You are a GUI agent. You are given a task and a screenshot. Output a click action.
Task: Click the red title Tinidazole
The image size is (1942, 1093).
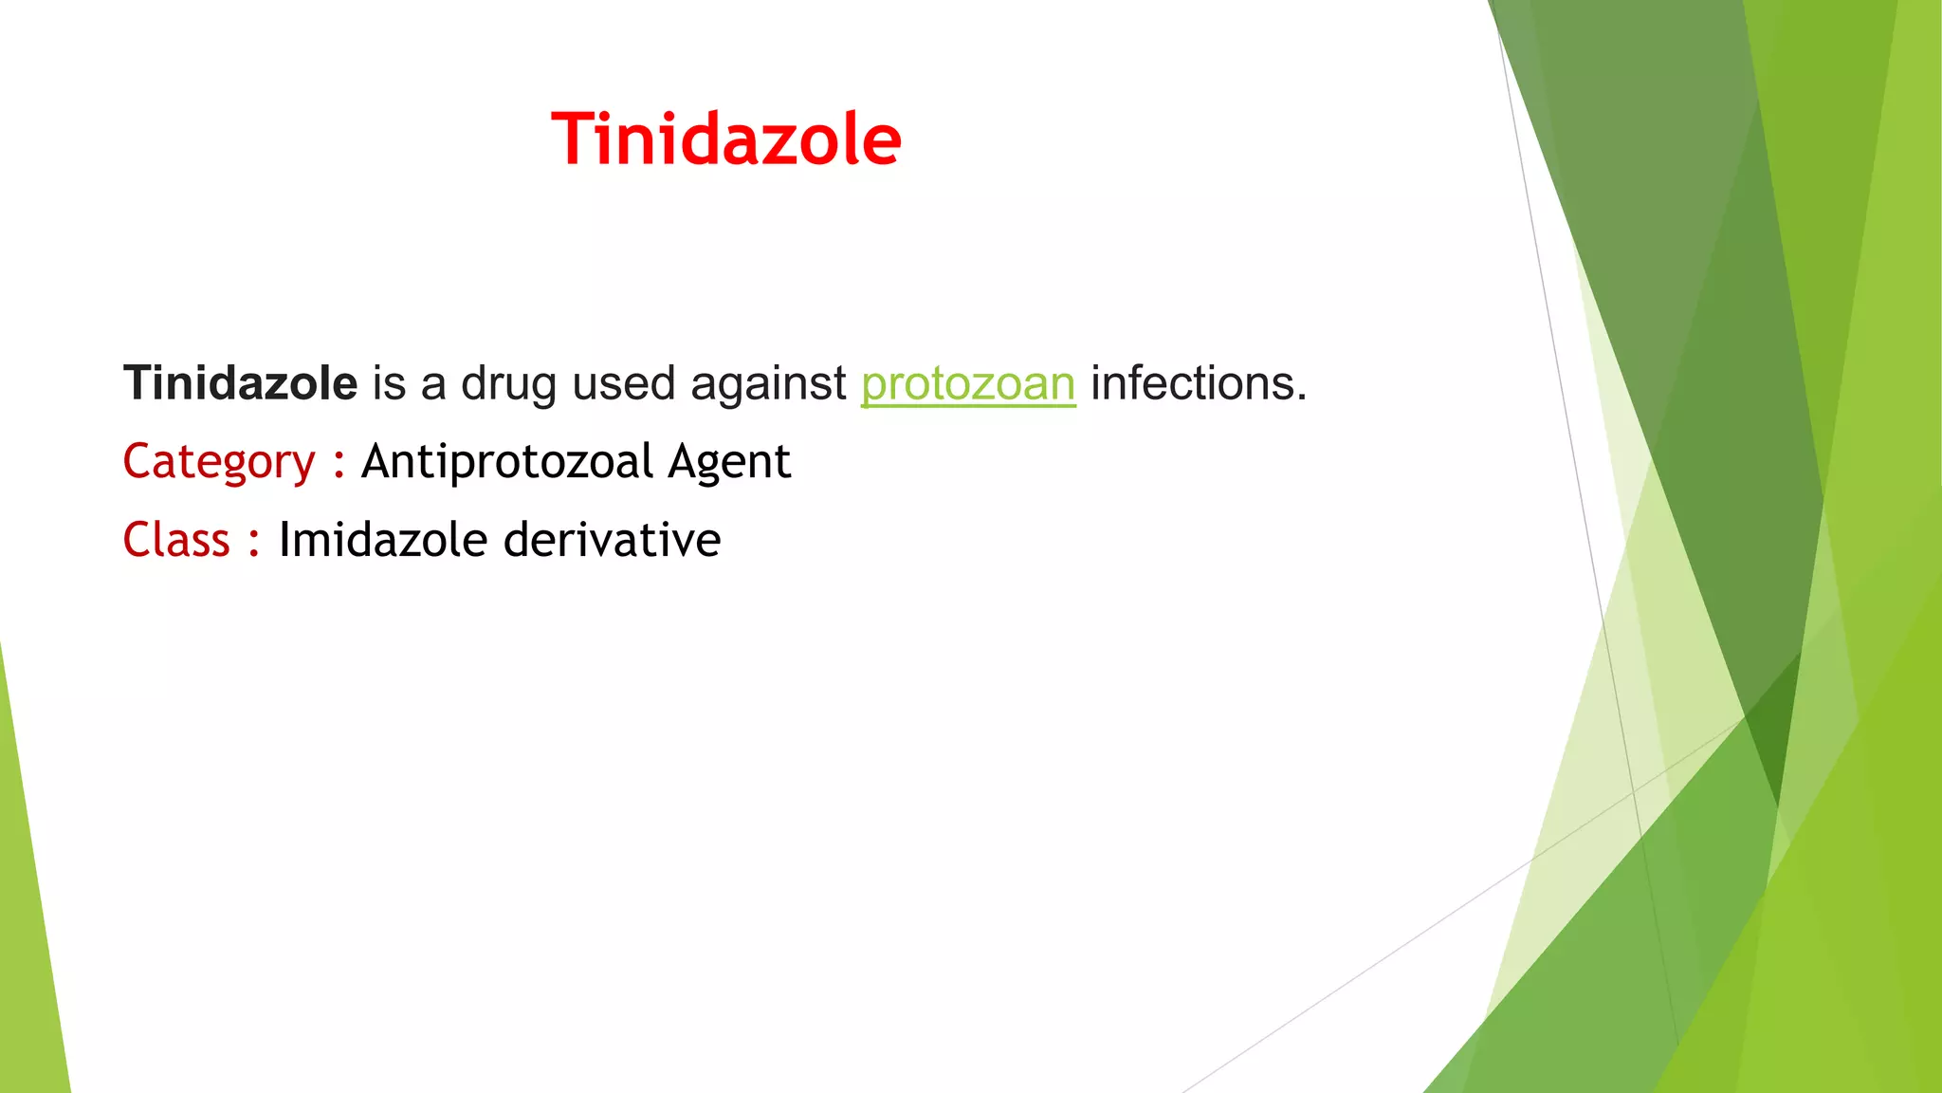(x=725, y=139)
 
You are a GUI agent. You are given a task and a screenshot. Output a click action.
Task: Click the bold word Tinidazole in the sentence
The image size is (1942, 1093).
(x=240, y=383)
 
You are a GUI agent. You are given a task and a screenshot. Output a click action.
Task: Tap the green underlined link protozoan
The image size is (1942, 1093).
(x=968, y=384)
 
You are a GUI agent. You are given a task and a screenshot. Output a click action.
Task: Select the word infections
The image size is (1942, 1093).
(x=1192, y=383)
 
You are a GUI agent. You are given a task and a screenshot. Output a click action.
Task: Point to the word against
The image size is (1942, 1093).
(x=768, y=384)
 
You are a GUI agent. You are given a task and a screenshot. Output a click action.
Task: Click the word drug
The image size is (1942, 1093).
(x=508, y=384)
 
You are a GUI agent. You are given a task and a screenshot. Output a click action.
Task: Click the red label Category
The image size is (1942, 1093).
(x=218, y=462)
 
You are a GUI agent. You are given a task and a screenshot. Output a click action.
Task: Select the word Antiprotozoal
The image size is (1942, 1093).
(x=507, y=462)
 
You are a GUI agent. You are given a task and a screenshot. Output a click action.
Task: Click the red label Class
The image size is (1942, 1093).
(x=176, y=540)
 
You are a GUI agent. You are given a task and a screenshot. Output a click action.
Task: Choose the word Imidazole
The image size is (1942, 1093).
(x=383, y=540)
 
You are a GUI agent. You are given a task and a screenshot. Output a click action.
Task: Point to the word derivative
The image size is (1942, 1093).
(x=612, y=540)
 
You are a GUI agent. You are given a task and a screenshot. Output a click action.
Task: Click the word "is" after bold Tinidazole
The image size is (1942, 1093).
(x=389, y=383)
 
